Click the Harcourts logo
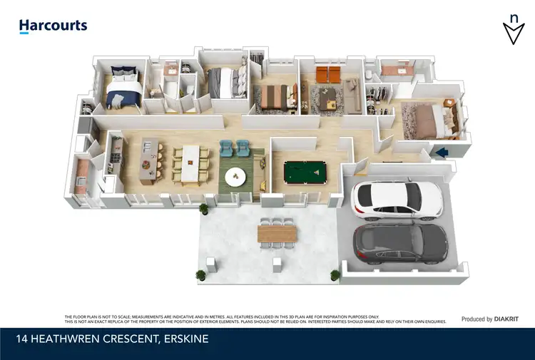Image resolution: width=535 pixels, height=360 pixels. tap(53, 26)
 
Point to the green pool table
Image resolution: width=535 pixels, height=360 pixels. tap(303, 172)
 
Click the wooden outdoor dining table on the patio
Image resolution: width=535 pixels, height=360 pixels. tap(278, 233)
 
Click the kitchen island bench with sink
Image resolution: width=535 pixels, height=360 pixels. tap(146, 159)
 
